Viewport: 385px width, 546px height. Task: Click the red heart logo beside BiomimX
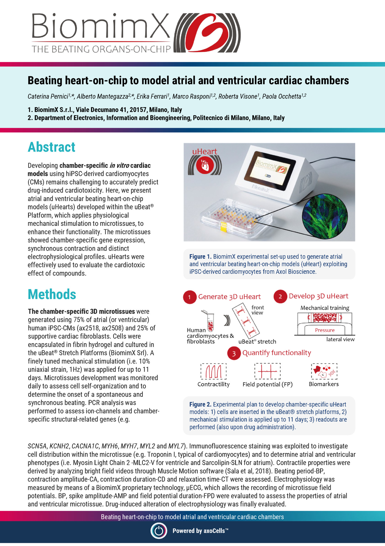[208, 33]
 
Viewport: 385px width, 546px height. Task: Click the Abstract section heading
[51, 147]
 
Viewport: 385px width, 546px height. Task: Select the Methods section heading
[52, 294]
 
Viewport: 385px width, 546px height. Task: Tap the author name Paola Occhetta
[281, 96]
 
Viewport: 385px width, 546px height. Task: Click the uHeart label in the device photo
[204, 152]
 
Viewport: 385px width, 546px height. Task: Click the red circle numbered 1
[190, 297]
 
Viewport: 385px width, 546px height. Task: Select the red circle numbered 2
[280, 297]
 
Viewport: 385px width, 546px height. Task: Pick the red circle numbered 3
[234, 353]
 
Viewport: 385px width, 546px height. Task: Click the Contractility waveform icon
[214, 371]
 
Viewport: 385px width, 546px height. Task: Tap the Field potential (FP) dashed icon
[267, 371]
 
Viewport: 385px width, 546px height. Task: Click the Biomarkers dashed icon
[324, 371]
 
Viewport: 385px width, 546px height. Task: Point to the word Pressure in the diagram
[325, 330]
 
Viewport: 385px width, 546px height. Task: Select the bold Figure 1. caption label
[200, 257]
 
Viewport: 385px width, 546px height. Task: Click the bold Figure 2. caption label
[200, 404]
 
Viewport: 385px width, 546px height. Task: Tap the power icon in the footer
[159, 531]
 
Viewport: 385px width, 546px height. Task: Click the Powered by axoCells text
[200, 531]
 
